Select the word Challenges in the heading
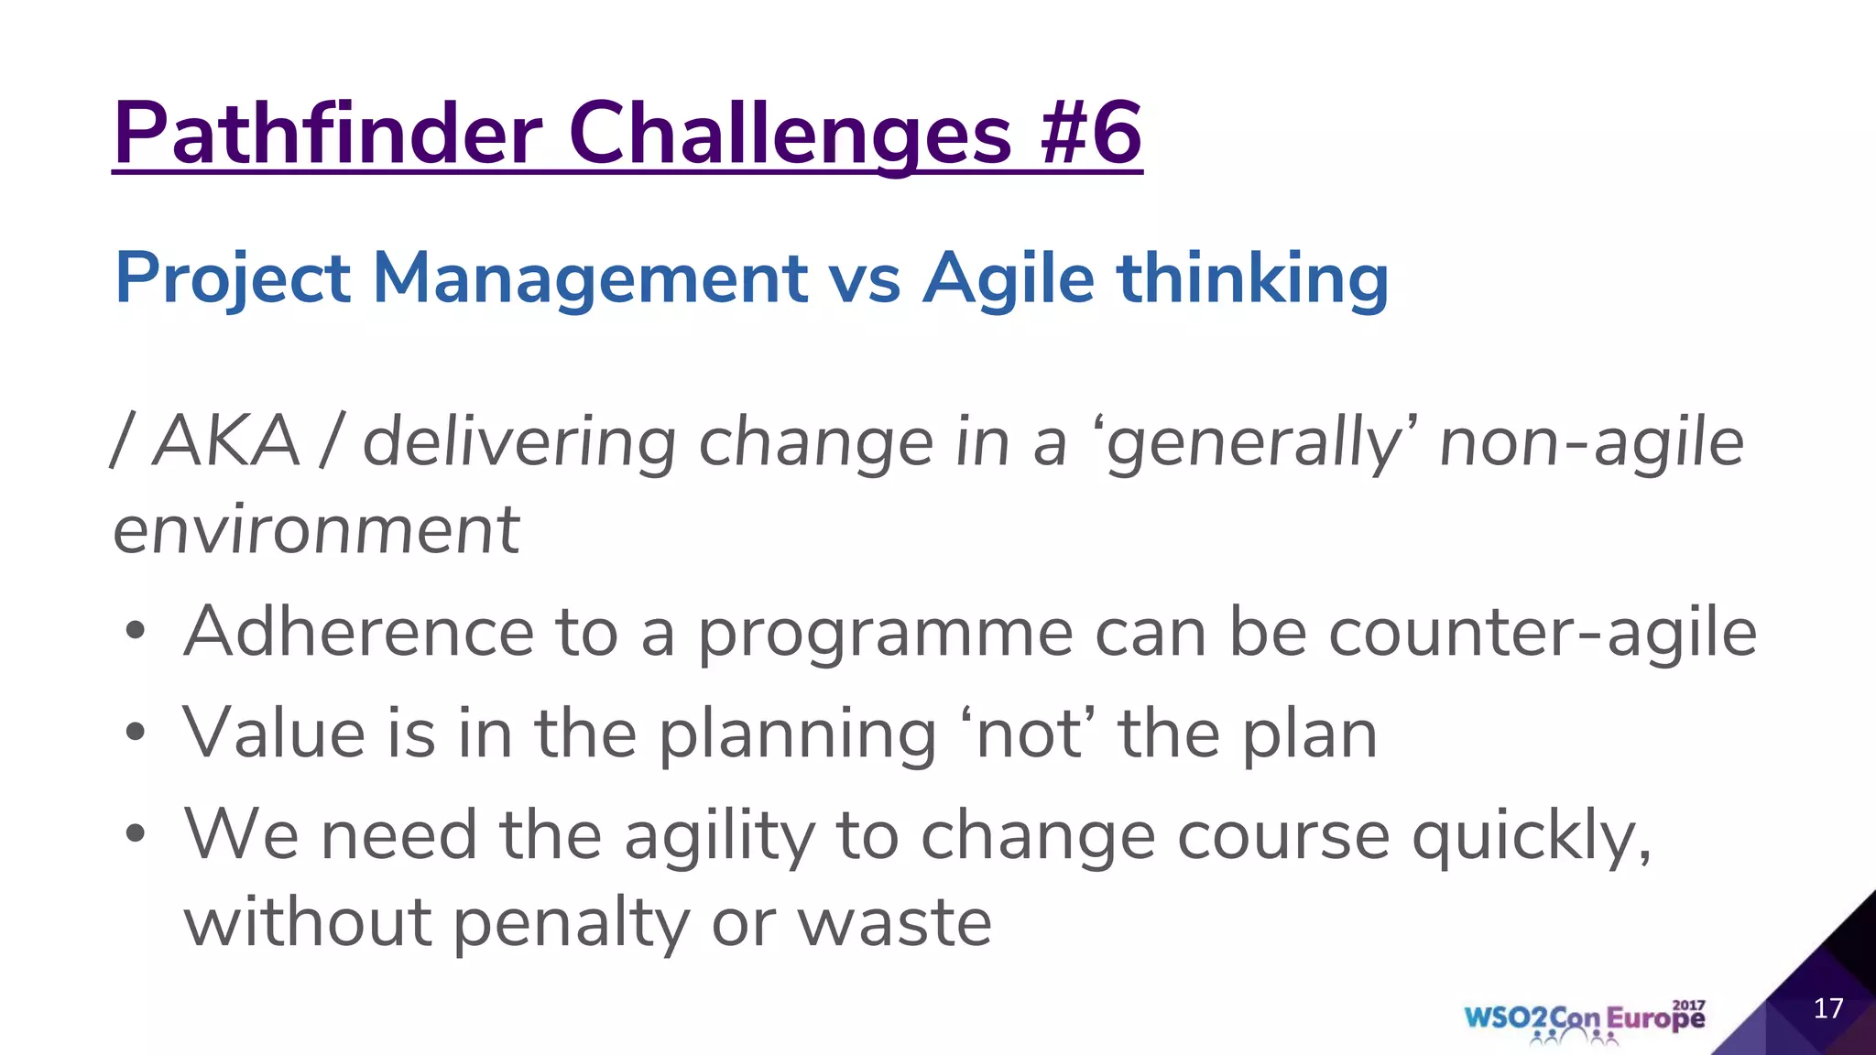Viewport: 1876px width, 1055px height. click(x=790, y=136)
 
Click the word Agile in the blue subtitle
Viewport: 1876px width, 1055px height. click(x=1009, y=278)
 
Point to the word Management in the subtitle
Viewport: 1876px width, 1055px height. click(x=590, y=278)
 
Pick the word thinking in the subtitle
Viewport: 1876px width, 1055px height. click(x=1252, y=278)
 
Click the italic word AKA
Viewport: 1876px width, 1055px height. click(x=226, y=441)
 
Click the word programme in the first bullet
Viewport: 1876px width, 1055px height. click(x=885, y=634)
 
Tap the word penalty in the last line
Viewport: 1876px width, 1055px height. click(x=571, y=923)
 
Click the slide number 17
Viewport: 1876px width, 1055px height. click(x=1828, y=1008)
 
